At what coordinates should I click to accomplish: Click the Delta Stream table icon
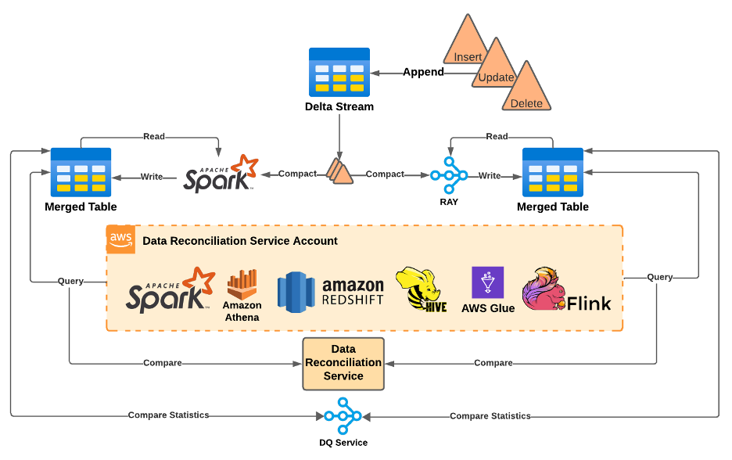(339, 72)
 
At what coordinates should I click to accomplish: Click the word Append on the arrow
(423, 72)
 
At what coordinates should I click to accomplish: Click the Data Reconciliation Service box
(343, 364)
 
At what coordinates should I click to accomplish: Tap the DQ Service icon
(343, 415)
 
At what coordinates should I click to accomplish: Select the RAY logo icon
(448, 174)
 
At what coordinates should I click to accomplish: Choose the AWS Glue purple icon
(488, 282)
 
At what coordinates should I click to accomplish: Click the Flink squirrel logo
(544, 289)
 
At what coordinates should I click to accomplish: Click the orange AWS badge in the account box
(120, 239)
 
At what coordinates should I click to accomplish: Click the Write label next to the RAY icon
(490, 176)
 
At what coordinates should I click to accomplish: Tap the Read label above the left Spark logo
(154, 136)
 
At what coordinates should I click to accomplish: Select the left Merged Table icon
(81, 172)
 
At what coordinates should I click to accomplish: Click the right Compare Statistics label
(490, 416)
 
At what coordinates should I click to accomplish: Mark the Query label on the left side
(70, 281)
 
